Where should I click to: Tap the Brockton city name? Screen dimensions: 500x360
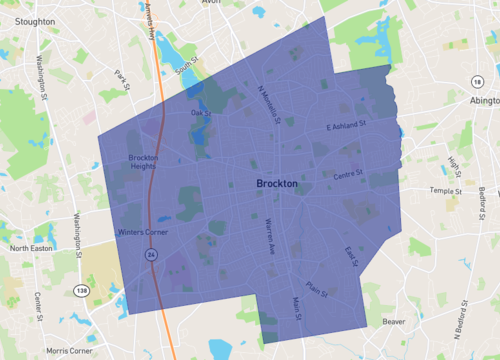[x=277, y=184]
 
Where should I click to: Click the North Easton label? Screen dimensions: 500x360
[x=31, y=248]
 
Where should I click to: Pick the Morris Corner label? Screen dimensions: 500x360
[x=69, y=351]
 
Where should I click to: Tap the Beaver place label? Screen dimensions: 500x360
[x=393, y=322]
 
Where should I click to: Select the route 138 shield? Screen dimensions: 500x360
[x=80, y=290]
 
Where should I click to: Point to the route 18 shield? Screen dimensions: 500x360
[x=478, y=81]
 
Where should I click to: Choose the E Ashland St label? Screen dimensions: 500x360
[x=347, y=126]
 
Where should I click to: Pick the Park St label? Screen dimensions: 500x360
[x=122, y=79]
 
